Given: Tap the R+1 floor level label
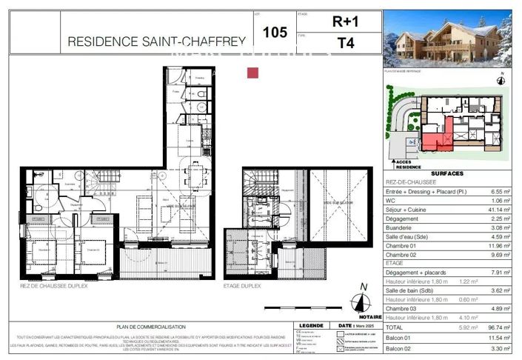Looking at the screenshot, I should [x=344, y=22].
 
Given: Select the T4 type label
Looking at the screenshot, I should [x=344, y=43].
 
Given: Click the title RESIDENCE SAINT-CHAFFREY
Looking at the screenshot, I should [x=156, y=42].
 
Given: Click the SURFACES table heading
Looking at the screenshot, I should [x=446, y=173].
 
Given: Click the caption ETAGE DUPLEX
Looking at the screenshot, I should [x=245, y=285].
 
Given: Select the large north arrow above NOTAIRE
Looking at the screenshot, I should [x=363, y=299].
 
